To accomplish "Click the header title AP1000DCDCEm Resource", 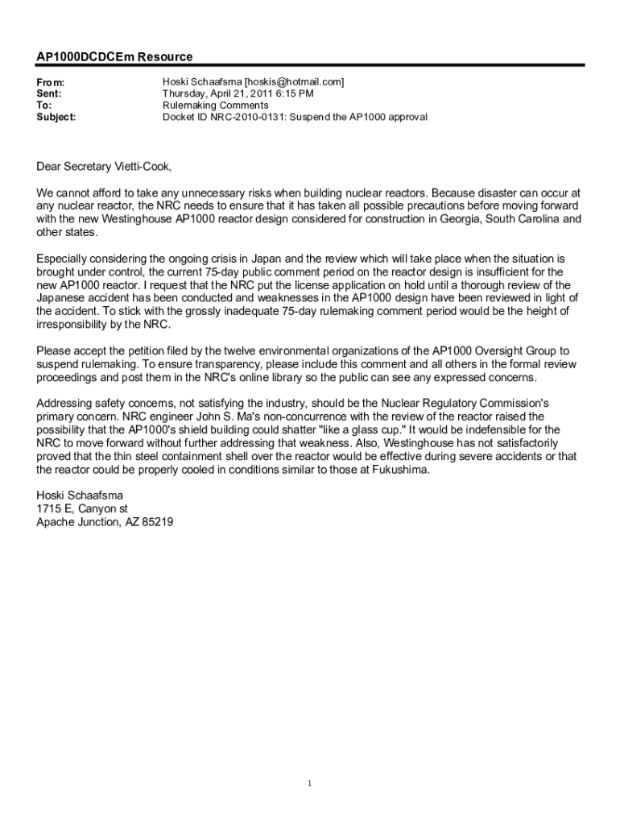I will point(114,57).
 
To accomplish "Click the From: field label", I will point(51,82).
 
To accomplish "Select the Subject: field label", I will point(56,117).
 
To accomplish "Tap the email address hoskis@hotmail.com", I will point(294,82).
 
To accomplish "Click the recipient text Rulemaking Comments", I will point(215,105).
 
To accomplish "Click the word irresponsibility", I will point(76,324).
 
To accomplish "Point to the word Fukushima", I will point(400,469).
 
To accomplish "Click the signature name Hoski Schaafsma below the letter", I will point(80,495).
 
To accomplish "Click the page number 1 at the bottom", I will point(310,783).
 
